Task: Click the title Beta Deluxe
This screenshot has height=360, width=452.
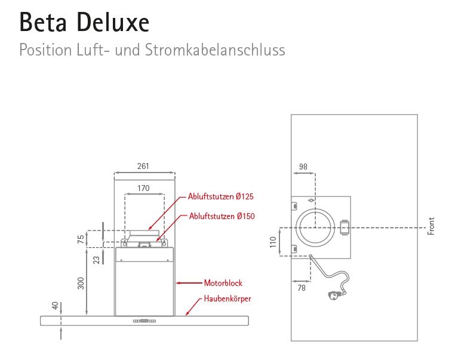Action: point(84,23)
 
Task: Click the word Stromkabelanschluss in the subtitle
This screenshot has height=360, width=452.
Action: point(214,50)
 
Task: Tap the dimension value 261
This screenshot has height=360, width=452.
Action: point(143,167)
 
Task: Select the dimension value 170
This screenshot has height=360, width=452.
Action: point(143,188)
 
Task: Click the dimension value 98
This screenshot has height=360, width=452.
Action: point(303,167)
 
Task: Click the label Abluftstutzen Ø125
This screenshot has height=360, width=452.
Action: point(221,196)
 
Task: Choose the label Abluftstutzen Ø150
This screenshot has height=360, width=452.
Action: point(222,216)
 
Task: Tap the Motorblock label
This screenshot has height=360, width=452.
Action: point(223,283)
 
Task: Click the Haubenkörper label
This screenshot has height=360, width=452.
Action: point(227,298)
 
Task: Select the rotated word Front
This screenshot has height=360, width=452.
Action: point(431,226)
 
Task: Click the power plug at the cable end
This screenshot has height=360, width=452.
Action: point(332,294)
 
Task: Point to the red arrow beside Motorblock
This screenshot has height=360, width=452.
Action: point(190,283)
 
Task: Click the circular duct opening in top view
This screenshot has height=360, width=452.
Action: point(316,227)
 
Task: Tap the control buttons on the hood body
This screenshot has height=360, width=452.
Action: point(145,321)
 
